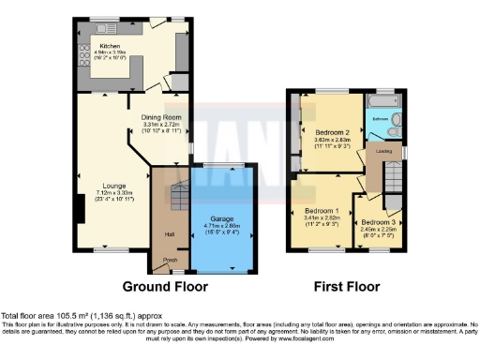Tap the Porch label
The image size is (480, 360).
point(170,261)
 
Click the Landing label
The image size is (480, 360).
point(382,151)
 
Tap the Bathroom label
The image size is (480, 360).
point(380,120)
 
